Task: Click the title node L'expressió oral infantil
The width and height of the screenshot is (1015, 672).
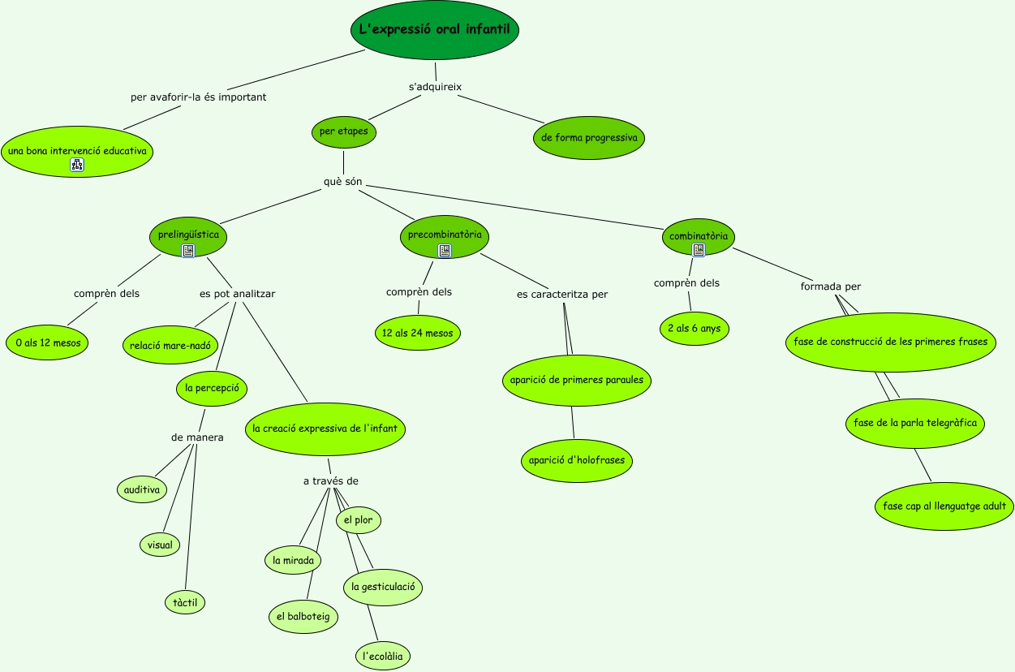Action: [435, 30]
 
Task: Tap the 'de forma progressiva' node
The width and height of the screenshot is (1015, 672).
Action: [589, 138]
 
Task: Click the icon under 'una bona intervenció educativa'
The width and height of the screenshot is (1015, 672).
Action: [77, 165]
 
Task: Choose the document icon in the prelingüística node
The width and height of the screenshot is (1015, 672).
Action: [188, 251]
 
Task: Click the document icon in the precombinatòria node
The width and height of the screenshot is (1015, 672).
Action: [445, 251]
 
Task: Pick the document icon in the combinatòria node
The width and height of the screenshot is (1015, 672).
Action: [698, 250]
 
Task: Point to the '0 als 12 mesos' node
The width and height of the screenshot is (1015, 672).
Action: [48, 342]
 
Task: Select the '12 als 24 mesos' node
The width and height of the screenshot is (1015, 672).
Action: [418, 333]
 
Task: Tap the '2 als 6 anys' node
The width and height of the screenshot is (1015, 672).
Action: [695, 329]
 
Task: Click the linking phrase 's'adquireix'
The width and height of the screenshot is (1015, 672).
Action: [435, 87]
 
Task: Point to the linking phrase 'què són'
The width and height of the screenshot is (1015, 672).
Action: [342, 181]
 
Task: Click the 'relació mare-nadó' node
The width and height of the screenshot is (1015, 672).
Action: [170, 346]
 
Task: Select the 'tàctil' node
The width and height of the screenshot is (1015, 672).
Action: [185, 603]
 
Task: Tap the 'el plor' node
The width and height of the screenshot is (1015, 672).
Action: [358, 519]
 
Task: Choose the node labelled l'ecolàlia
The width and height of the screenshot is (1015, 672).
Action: [383, 656]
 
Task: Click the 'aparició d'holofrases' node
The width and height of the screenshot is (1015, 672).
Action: [576, 460]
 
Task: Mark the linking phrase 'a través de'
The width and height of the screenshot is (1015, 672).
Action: [330, 481]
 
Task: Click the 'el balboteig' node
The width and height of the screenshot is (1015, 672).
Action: [303, 617]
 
